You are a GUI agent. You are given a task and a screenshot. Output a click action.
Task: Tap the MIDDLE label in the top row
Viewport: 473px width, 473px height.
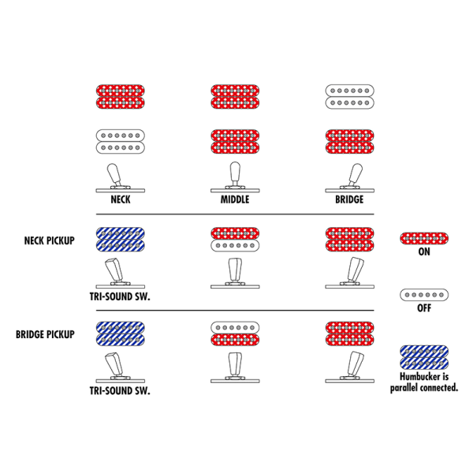point(234,199)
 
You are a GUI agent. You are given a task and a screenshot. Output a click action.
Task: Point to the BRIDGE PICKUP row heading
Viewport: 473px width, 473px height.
point(46,334)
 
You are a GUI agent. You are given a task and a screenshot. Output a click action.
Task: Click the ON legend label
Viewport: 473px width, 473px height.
point(424,253)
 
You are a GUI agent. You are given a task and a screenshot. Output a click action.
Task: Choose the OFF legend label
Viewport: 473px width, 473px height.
point(424,308)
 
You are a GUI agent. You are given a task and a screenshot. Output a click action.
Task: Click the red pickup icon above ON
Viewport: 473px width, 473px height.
point(424,238)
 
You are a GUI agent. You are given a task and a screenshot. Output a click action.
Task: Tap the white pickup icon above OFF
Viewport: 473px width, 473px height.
point(424,294)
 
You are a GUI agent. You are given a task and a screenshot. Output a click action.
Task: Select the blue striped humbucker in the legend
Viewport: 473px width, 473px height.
point(424,359)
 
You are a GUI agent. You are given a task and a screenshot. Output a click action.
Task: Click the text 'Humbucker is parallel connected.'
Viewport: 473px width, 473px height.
point(424,383)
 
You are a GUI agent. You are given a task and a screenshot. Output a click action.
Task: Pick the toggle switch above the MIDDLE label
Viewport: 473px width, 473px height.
point(234,177)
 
